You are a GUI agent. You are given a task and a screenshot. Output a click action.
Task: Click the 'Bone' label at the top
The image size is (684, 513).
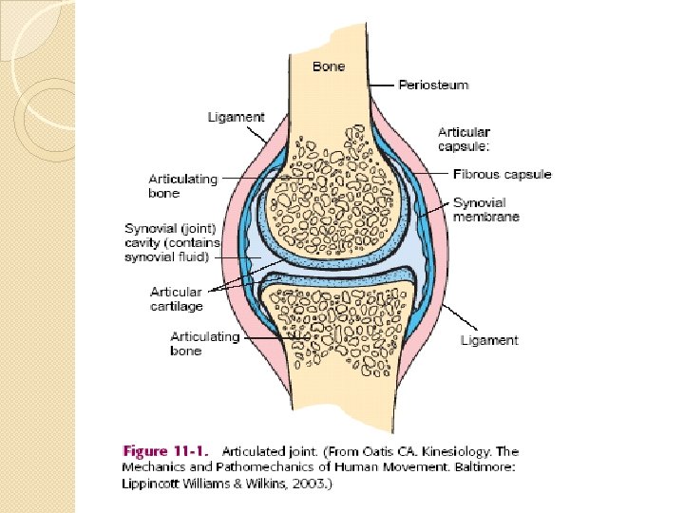pos(329,66)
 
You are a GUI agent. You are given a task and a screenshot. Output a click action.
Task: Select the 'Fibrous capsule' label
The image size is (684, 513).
pos(502,175)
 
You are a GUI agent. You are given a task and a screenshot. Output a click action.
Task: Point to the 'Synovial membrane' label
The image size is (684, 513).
pos(485,210)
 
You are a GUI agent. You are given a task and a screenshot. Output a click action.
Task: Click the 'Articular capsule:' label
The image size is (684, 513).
pos(465,139)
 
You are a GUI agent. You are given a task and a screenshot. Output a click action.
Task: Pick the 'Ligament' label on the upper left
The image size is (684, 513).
pos(236,118)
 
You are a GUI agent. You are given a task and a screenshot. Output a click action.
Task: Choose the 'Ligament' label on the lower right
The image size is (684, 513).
pos(489,340)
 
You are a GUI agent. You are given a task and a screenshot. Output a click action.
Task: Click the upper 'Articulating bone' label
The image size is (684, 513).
pos(183,186)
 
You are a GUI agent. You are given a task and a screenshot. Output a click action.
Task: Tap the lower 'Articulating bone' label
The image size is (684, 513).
pos(204,344)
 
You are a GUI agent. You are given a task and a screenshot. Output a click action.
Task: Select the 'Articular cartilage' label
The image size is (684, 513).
pos(176,299)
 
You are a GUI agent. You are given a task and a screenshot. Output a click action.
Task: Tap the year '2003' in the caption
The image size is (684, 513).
pos(309,484)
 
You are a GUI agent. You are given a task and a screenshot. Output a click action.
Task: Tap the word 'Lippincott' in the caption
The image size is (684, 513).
pos(156,484)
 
